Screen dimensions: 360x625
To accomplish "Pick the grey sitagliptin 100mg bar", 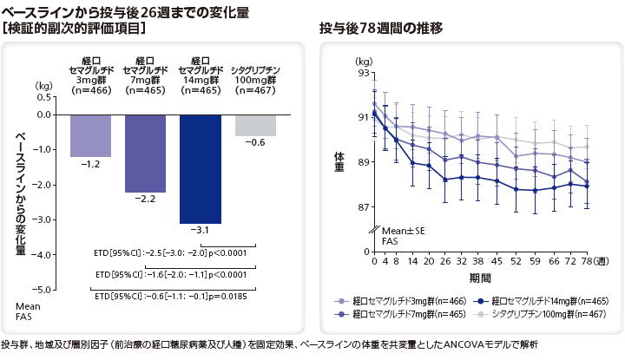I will coord(255,125).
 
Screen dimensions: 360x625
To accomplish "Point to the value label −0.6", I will coord(255,142).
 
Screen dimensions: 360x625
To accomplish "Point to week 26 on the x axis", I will coord(445,237).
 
